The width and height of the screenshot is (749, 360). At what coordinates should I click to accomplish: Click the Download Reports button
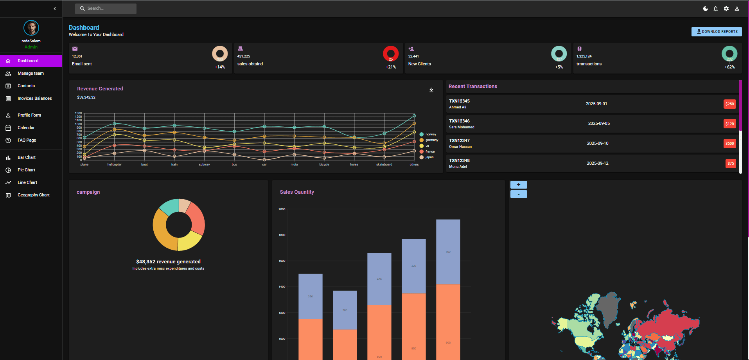[716, 32]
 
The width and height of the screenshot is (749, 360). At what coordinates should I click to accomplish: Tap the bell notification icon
[716, 9]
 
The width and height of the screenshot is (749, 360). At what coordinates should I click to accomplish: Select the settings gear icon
[726, 9]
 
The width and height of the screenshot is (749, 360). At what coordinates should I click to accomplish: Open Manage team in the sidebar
[31, 73]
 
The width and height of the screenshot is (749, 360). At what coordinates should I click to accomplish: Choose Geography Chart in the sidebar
[33, 195]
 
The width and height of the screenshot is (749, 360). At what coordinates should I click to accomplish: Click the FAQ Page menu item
[27, 140]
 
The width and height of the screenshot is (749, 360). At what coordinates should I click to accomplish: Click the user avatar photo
[31, 28]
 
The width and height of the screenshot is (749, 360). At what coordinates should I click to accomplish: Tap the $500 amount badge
[729, 144]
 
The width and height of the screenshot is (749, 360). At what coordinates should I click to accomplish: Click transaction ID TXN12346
[459, 121]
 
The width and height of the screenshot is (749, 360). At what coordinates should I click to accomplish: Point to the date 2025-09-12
[597, 163]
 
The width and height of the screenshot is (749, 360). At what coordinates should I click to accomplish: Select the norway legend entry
[430, 134]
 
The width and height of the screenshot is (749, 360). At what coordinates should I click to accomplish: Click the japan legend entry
[429, 157]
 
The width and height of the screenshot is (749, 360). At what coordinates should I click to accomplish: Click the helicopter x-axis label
[114, 165]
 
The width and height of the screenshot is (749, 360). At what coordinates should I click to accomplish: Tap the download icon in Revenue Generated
[431, 90]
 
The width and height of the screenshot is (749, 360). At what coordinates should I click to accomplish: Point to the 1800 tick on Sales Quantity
[282, 235]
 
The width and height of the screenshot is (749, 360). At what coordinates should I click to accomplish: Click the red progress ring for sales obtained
[390, 54]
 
